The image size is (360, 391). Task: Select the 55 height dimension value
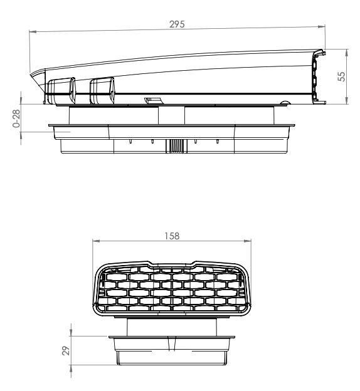click(x=342, y=75)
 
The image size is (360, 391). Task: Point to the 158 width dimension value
click(x=171, y=236)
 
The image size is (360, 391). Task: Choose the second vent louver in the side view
click(x=102, y=91)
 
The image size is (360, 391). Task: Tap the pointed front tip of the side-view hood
click(x=33, y=74)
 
